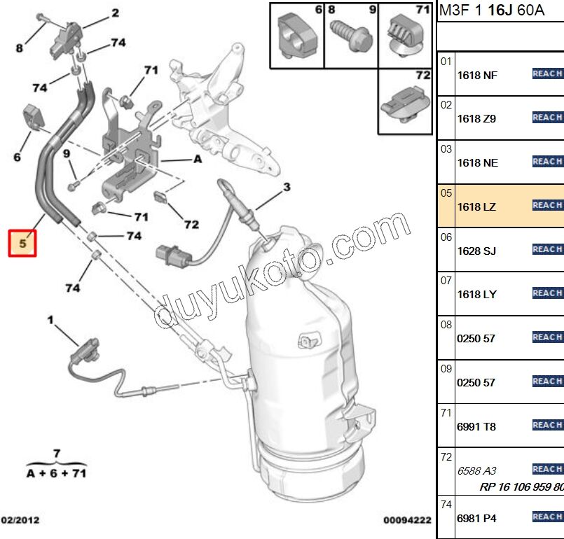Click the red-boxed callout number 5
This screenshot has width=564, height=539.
(22, 243)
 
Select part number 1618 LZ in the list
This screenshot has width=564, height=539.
(476, 206)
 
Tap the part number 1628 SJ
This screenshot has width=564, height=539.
(476, 251)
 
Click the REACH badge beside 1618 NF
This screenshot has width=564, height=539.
(547, 73)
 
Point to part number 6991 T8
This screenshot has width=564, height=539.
(476, 426)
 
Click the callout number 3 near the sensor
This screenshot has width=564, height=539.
(287, 187)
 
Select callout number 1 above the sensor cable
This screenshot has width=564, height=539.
(50, 320)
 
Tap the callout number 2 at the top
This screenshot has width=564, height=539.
(115, 13)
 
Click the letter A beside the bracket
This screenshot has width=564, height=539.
(198, 159)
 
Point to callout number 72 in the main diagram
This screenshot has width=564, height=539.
(191, 225)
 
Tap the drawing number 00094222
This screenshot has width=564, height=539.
(406, 521)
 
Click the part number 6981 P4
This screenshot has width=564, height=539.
(476, 518)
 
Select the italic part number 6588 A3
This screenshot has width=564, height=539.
(476, 471)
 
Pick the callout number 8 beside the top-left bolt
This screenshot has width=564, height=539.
(20, 48)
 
